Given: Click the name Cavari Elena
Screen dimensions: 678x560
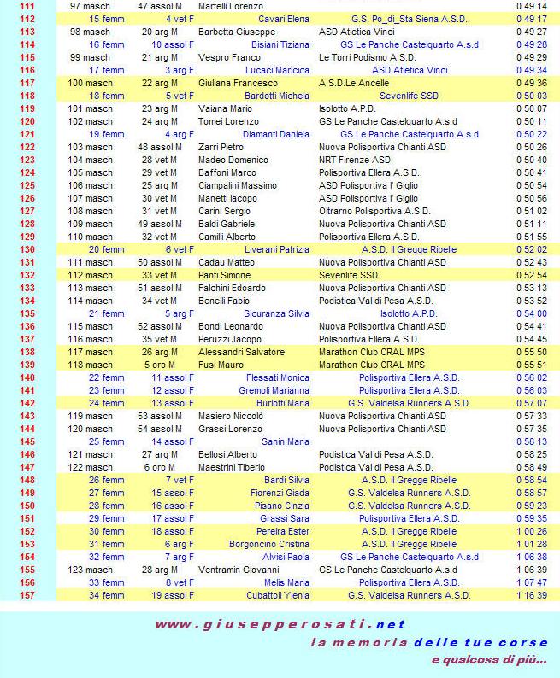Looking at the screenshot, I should point(285,19).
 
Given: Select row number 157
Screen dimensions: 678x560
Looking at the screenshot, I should point(27,595).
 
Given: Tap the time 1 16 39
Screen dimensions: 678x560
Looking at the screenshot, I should point(531,595).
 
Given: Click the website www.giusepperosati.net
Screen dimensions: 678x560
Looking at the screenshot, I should point(280,624).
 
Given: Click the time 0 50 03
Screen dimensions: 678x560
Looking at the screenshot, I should point(531,96).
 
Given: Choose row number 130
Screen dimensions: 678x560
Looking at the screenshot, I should point(27,249).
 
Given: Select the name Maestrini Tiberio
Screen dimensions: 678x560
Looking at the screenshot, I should point(231,467).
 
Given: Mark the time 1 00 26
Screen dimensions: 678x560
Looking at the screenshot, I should point(531,531).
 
